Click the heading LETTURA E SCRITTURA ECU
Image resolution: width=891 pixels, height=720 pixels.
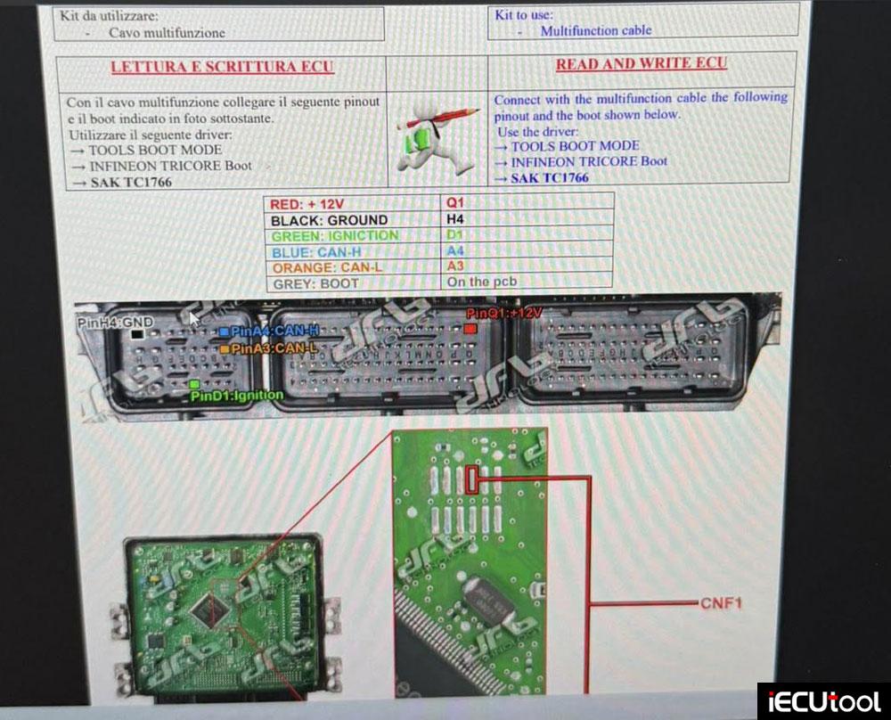(x=221, y=67)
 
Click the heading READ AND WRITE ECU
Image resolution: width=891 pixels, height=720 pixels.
(x=641, y=64)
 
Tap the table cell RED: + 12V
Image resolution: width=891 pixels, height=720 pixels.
(x=307, y=204)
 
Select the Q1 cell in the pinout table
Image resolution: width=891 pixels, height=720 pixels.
(x=455, y=203)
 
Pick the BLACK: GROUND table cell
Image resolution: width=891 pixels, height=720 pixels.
(x=329, y=220)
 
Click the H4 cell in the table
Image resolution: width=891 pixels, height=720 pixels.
(x=455, y=219)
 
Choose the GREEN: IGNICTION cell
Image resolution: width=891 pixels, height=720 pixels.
(x=334, y=236)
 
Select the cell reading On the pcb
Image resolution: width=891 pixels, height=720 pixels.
(x=482, y=282)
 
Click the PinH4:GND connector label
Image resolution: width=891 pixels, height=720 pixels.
(x=115, y=322)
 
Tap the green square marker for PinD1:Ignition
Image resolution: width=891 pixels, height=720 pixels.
(x=194, y=384)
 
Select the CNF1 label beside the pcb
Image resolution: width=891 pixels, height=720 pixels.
(x=721, y=603)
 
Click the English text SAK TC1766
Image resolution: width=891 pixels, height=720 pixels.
(x=549, y=177)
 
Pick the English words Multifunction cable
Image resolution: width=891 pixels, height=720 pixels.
(x=595, y=30)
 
